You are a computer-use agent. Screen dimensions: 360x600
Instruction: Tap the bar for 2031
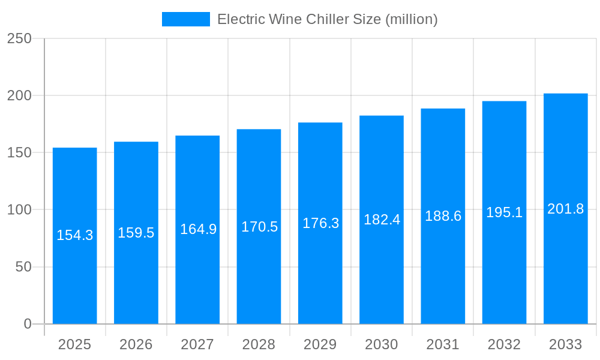point(443,270)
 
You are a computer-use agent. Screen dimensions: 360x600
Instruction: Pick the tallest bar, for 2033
point(565,270)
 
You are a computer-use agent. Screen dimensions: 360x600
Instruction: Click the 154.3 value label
point(75,235)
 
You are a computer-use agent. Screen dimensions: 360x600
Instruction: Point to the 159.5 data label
point(136,233)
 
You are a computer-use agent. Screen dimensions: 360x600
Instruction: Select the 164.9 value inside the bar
point(198,229)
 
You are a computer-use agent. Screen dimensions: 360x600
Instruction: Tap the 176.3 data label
point(320,223)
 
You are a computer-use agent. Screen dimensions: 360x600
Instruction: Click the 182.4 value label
point(382,220)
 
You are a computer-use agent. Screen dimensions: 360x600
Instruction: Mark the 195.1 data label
point(504,212)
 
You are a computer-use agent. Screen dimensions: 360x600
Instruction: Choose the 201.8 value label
point(565,209)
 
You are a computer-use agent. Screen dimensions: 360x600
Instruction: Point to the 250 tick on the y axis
point(19,38)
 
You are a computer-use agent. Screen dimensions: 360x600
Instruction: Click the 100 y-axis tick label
point(19,210)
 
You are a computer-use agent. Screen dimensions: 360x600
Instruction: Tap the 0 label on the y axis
point(28,324)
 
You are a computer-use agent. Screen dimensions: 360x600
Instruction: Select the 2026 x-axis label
point(136,344)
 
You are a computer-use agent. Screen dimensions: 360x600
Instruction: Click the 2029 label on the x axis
point(320,344)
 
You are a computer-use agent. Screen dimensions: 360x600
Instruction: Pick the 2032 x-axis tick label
point(504,344)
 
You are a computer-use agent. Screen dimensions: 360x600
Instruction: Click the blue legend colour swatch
point(186,19)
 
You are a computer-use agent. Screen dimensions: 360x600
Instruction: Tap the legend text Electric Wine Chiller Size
point(327,19)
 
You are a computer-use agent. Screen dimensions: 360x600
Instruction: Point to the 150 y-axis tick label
point(19,153)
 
